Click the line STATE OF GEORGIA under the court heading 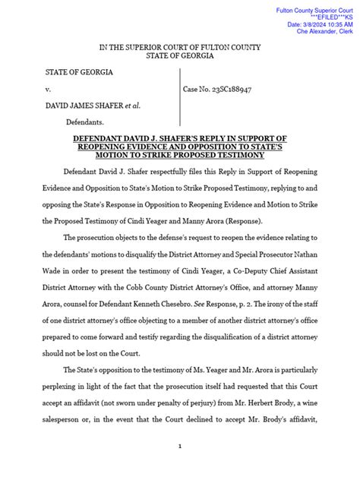click(x=179, y=56)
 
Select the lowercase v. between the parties click(x=51, y=89)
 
